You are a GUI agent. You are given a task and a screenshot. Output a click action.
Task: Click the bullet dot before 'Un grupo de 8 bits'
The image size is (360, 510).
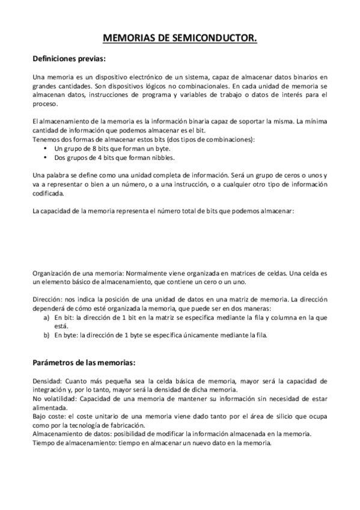point(47,149)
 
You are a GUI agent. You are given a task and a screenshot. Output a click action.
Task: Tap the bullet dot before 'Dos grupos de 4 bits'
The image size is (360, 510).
point(47,158)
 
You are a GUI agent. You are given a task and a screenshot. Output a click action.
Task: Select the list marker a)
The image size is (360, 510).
point(46,316)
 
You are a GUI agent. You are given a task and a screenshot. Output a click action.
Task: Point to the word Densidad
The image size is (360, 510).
point(46,381)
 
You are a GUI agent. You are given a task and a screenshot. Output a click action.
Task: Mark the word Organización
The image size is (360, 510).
point(52,273)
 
